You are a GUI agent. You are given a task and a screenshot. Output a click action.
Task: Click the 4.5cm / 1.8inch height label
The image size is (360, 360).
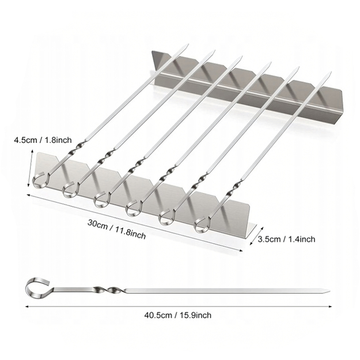click(43, 140)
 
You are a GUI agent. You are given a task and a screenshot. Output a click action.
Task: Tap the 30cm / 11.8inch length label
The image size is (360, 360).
click(116, 229)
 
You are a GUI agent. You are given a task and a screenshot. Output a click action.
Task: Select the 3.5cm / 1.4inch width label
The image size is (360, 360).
click(286, 239)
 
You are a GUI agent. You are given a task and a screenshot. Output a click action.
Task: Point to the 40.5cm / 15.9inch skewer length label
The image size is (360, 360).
click(178, 315)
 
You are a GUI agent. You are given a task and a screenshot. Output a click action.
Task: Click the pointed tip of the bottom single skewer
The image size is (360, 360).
click(329, 291)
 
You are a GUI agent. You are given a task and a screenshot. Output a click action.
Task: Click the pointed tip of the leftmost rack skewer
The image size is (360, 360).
click(188, 44)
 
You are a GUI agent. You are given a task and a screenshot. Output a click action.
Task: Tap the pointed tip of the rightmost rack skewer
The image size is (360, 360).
click(331, 72)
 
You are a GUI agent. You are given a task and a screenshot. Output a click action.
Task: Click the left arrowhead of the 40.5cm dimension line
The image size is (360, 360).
click(26, 306)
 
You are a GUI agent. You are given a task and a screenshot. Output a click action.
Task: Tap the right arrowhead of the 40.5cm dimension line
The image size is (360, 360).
click(331, 306)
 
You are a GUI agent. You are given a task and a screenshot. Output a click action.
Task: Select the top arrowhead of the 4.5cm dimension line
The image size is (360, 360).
click(32, 150)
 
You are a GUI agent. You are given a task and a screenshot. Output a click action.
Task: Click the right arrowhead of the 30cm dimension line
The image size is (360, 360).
click(241, 251)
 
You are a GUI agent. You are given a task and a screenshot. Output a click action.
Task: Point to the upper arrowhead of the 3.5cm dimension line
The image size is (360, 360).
click(262, 228)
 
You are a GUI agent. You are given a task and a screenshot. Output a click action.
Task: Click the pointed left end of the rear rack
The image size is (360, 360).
click(151, 51)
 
